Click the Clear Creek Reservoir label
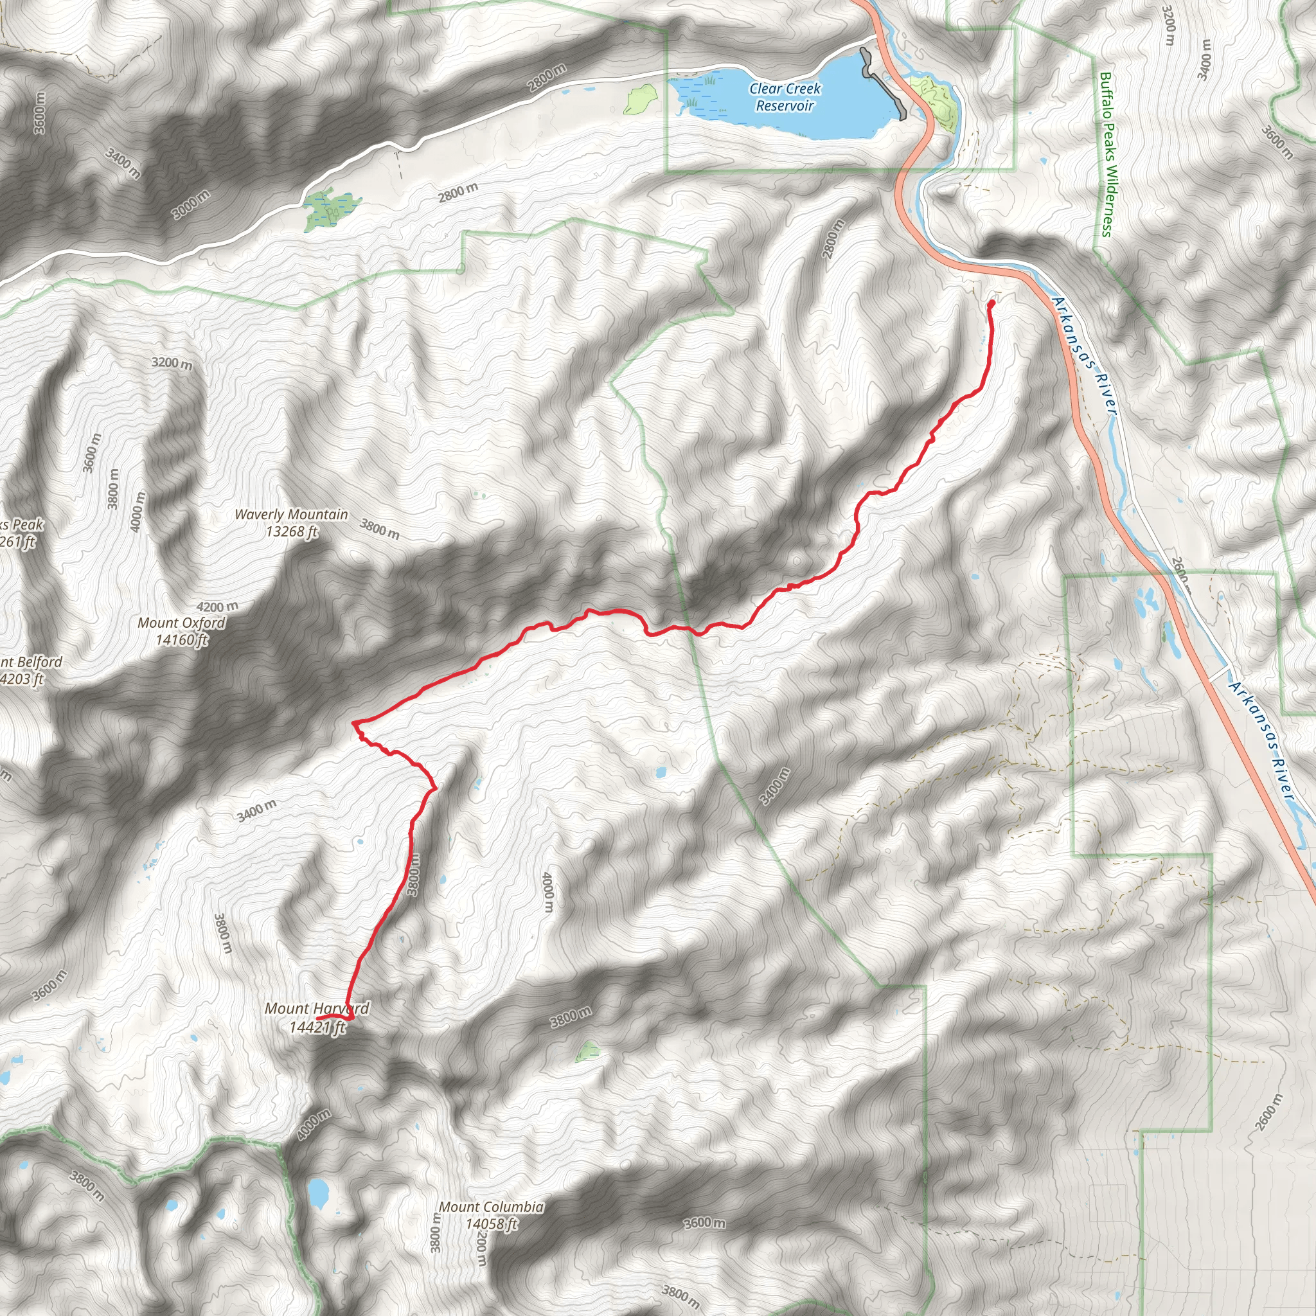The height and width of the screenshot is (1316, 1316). [x=785, y=97]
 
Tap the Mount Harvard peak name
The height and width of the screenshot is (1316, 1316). [x=317, y=1009]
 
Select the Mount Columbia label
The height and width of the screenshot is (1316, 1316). [x=491, y=1207]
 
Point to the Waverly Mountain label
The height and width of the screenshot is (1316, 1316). [x=291, y=515]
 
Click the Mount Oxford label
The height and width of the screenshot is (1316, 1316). [x=181, y=623]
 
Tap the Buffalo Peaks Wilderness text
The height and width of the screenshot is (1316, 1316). [x=1107, y=155]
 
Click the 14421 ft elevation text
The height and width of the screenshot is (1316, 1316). [x=317, y=1027]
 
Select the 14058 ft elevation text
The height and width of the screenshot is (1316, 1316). [x=491, y=1224]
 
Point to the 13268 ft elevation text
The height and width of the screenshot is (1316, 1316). [x=292, y=532]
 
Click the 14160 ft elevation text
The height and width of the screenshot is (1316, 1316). [x=181, y=639]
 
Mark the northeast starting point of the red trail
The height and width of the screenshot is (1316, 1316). [x=991, y=303]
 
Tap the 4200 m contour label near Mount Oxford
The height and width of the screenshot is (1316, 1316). [x=217, y=606]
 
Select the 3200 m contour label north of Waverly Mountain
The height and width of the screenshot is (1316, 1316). [x=172, y=363]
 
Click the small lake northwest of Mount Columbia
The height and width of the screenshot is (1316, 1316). [x=317, y=1191]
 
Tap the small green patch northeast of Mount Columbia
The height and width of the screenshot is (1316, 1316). [x=587, y=1052]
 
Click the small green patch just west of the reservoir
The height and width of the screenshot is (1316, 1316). [x=639, y=100]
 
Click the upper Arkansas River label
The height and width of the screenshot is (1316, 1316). [x=1085, y=354]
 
